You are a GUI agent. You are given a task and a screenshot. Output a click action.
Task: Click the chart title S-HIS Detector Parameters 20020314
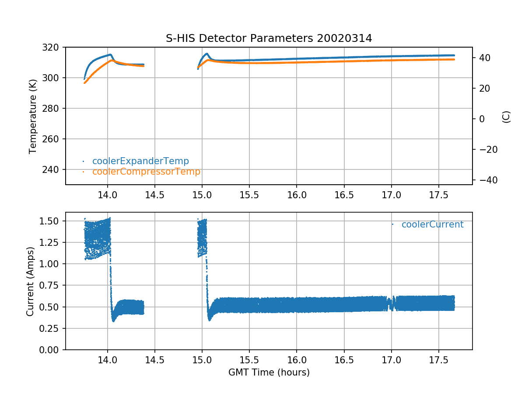point(269,38)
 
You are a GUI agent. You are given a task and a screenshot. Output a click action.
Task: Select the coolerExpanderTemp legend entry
point(140,161)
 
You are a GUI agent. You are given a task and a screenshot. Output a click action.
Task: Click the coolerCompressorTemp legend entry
point(146,172)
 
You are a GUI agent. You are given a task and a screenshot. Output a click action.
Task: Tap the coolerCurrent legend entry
point(432,224)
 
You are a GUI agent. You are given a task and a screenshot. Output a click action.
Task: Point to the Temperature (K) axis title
point(33,116)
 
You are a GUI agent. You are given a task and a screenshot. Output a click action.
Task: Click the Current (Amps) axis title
point(30,281)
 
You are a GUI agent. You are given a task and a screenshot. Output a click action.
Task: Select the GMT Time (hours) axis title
point(269,372)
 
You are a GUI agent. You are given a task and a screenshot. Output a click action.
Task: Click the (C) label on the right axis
point(506,117)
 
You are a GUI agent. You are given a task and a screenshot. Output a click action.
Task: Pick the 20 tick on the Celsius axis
point(482,88)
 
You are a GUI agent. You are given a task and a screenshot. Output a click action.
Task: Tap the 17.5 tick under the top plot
point(438,194)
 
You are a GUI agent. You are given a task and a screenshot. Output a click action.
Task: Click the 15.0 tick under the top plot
point(202,194)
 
